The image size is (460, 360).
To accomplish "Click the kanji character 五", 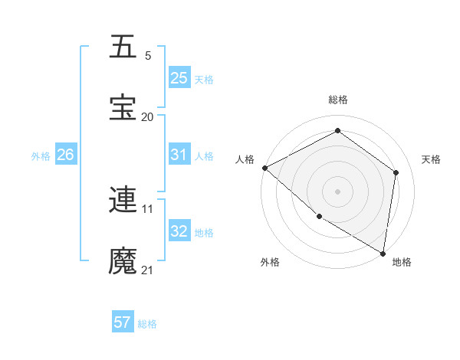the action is [123, 47].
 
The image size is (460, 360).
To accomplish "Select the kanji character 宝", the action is [123, 108].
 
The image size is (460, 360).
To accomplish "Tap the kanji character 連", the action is [123, 200].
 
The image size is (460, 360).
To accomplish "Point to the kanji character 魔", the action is [123, 261].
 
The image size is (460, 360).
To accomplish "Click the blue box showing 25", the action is [179, 77].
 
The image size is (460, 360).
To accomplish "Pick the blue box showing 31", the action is [179, 155].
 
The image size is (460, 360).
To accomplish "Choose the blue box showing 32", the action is [179, 231].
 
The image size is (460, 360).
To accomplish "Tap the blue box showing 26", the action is [65, 155].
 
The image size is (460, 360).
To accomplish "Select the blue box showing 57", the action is [123, 322].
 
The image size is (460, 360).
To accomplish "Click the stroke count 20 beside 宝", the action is [147, 116].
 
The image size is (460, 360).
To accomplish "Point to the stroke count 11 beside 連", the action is [147, 208].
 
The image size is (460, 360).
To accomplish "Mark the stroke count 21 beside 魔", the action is [147, 270].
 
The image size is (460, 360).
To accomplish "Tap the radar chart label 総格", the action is [337, 100].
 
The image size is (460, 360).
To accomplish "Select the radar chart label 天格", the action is [431, 159].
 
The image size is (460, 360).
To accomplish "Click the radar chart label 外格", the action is [270, 262].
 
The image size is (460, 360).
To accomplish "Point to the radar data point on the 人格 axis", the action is [264, 168].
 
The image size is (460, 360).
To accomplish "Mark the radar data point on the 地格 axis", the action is [383, 253].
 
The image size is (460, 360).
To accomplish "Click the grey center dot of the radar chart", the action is [337, 191].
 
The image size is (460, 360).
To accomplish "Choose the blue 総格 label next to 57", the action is [147, 324].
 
